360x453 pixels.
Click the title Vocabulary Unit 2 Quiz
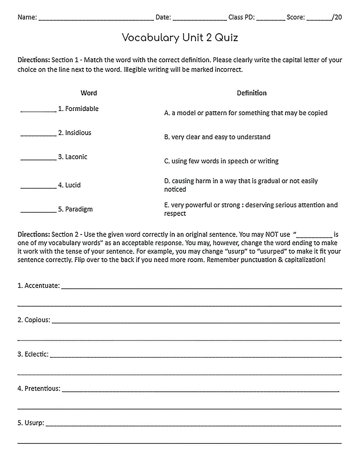point(180,38)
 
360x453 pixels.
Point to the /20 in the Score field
point(337,17)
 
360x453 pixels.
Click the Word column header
point(88,93)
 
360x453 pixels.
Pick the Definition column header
point(251,93)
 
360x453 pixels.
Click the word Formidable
point(82,109)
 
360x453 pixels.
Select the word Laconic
point(76,157)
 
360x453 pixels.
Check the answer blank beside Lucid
point(38,187)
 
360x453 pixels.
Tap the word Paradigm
point(79,209)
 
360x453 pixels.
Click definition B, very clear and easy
point(217,137)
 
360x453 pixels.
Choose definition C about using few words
point(221,161)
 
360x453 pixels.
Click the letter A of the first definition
point(167,113)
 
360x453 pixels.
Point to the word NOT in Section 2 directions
point(282,234)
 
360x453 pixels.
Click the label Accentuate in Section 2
point(42,286)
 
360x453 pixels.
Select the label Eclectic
point(36,354)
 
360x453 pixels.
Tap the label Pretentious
point(42,389)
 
